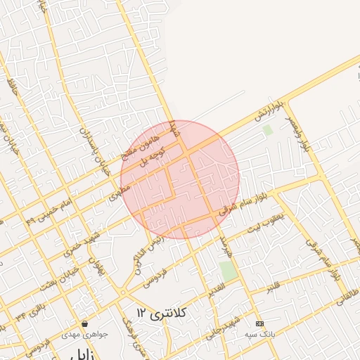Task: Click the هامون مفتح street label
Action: (x=131, y=144)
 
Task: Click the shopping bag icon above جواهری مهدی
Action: (x=84, y=324)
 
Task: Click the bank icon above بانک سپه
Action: (x=260, y=323)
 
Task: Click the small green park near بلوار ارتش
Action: (x=267, y=129)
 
